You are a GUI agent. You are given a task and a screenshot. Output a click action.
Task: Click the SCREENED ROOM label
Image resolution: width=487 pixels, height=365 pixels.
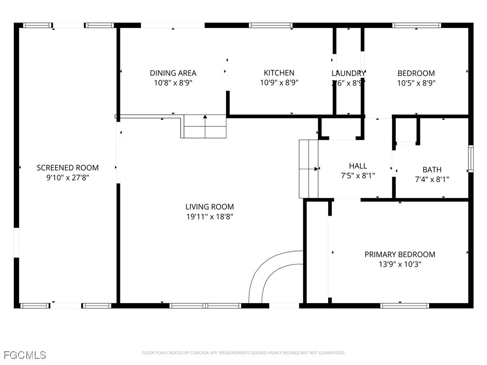(x=68, y=168)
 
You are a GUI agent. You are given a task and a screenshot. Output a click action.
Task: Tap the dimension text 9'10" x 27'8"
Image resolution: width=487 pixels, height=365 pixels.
(x=68, y=177)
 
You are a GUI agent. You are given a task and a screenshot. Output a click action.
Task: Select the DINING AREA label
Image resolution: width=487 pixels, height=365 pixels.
(x=173, y=73)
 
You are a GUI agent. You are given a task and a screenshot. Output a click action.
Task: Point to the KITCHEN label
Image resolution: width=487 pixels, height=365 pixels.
(x=279, y=73)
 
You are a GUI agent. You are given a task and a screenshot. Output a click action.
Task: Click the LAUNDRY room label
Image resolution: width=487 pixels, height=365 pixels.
(x=348, y=73)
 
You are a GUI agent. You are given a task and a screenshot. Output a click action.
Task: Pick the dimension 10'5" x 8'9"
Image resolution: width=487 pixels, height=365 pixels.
(x=416, y=82)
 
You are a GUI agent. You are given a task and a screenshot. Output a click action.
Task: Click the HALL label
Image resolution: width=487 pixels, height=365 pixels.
(x=358, y=166)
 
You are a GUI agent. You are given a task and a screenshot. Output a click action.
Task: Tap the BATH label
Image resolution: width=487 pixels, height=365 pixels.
(x=432, y=170)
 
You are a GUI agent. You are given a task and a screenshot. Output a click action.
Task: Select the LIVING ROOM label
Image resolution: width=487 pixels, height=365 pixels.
(x=209, y=207)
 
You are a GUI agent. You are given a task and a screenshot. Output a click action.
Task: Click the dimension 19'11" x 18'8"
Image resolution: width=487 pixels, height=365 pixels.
(x=209, y=217)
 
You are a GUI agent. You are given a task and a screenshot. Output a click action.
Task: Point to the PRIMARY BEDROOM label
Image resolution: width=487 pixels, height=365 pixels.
(x=399, y=254)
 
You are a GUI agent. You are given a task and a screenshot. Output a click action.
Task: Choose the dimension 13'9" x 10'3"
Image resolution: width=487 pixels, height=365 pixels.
(x=399, y=264)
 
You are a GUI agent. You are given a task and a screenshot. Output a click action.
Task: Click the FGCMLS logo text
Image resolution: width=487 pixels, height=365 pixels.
(x=25, y=355)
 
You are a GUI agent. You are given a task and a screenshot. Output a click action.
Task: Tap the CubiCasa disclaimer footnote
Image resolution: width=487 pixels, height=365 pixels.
(x=243, y=353)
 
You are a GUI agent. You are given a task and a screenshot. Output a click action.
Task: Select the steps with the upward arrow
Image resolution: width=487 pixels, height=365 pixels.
(x=205, y=126)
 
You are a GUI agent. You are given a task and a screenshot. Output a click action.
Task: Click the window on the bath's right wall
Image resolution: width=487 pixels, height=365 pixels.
(x=470, y=159)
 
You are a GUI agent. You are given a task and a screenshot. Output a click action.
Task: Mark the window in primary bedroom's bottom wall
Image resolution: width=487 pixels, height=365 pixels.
(x=404, y=306)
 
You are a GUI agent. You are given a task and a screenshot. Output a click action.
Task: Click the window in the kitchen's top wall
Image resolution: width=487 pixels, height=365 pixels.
(x=270, y=25)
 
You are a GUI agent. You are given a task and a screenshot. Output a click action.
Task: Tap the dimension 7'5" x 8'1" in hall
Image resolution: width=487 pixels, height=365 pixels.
(x=358, y=175)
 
